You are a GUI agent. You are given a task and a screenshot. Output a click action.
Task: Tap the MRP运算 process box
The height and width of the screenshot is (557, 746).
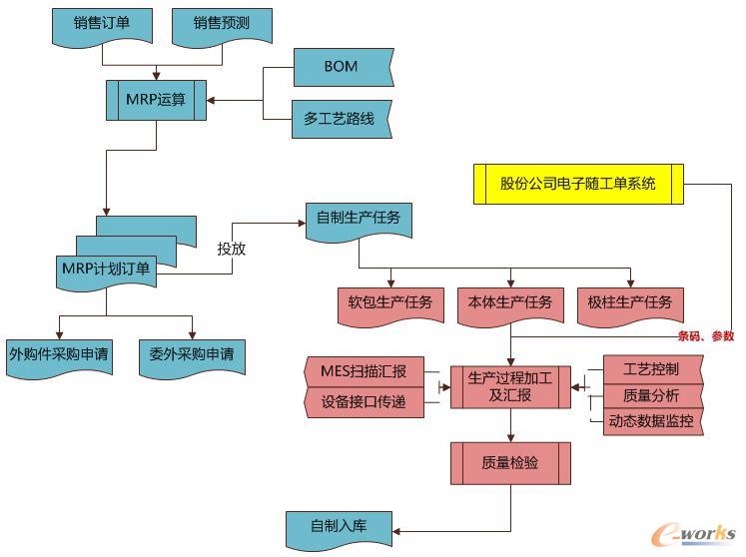click(157, 99)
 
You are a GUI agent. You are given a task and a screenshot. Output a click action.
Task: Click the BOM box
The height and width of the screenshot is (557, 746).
click(341, 68)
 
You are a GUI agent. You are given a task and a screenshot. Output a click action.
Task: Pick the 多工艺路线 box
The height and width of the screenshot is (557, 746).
click(340, 119)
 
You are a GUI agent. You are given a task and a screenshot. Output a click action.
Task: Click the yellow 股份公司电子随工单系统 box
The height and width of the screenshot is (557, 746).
click(578, 184)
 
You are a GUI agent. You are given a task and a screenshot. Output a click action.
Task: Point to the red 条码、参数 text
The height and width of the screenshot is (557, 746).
click(706, 336)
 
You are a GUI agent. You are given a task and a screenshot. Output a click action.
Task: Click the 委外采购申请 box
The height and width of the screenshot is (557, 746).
click(191, 355)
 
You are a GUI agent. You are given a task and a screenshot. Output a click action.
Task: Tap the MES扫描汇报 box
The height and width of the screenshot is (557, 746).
click(364, 372)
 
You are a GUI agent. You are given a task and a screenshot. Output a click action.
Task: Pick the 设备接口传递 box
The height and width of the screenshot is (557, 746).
click(364, 402)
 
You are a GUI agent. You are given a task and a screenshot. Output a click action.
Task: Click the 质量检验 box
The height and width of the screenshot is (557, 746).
click(510, 463)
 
